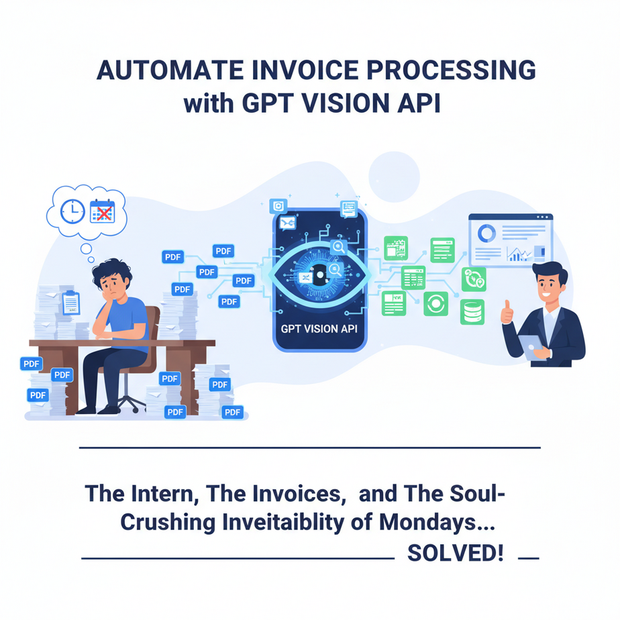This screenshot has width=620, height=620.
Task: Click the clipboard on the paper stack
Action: click(70, 303)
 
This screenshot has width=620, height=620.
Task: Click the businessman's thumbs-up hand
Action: click(507, 312)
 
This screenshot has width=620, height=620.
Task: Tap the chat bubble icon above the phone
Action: click(349, 207)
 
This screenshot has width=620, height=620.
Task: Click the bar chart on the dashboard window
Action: click(519, 254)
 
